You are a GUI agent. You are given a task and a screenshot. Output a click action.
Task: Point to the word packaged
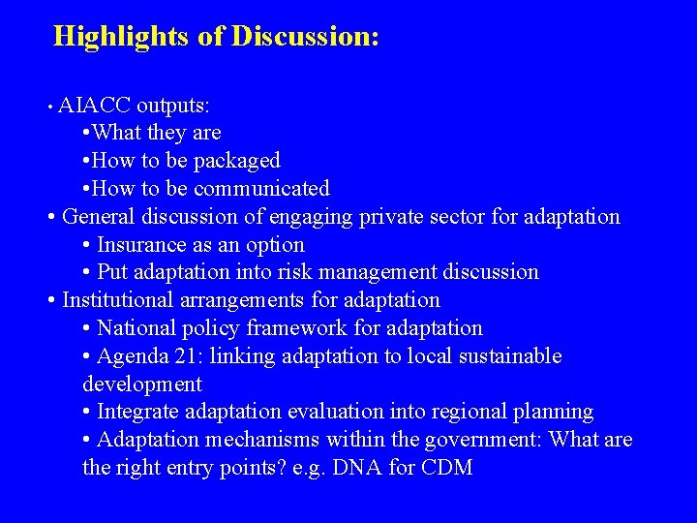pyautogui.click(x=237, y=160)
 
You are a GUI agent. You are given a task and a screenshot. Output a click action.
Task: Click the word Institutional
pyautogui.click(x=119, y=300)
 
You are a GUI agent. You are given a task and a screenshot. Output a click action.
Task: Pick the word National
pyautogui.click(x=136, y=328)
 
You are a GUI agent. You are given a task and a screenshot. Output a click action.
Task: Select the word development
pyautogui.click(x=142, y=385)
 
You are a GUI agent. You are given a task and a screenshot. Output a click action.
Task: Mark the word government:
pyautogui.click(x=483, y=441)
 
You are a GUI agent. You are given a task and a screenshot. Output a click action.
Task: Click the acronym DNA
pyautogui.click(x=367, y=469)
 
